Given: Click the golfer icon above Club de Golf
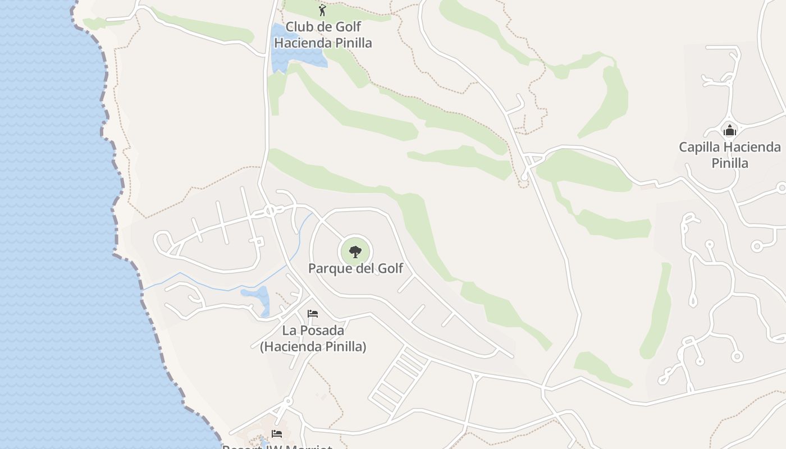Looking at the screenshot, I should click(x=322, y=10).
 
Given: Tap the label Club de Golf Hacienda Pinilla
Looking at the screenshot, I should click(x=323, y=34).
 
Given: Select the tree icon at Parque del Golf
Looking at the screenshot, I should click(x=355, y=251).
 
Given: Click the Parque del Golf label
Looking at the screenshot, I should click(x=355, y=268).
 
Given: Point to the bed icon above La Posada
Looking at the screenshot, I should click(x=313, y=313).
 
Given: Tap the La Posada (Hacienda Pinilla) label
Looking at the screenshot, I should click(x=313, y=338).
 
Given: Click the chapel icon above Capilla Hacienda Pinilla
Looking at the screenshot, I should click(x=730, y=131).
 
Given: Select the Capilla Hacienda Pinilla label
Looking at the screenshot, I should click(x=729, y=155).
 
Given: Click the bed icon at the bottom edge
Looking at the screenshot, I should click(x=277, y=433).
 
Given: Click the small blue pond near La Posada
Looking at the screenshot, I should click(x=258, y=296).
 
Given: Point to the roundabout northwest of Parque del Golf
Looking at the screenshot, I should click(x=270, y=211).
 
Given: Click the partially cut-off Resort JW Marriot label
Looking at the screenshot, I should click(x=277, y=447).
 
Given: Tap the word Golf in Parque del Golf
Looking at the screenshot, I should click(x=390, y=268).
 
